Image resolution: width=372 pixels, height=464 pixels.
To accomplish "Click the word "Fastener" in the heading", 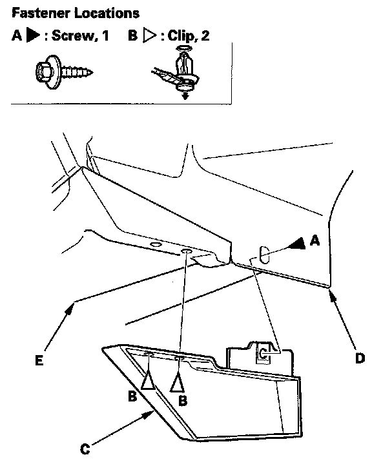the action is [41, 14].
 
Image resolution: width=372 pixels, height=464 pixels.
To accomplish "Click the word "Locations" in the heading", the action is [107, 14].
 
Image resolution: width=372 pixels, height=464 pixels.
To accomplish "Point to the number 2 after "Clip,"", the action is [205, 36].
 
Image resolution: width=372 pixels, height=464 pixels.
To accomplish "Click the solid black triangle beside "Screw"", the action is [33, 35].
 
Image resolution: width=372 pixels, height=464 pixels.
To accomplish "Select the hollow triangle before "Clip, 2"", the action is [150, 35].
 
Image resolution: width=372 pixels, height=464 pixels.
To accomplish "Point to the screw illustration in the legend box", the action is [64, 72].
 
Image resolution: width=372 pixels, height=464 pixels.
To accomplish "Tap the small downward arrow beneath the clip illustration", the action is [185, 95].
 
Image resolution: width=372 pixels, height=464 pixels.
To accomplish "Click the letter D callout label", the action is [360, 359].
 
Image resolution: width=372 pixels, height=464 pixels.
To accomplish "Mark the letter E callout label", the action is [39, 360].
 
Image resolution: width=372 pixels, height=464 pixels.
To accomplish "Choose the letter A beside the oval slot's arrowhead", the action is [315, 240].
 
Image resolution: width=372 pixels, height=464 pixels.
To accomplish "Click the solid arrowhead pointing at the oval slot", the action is [298, 243].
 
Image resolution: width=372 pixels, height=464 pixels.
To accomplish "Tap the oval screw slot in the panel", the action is [264, 254].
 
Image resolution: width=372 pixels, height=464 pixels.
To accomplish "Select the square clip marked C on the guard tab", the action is [263, 353].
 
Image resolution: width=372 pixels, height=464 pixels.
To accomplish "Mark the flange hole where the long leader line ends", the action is [186, 251].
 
